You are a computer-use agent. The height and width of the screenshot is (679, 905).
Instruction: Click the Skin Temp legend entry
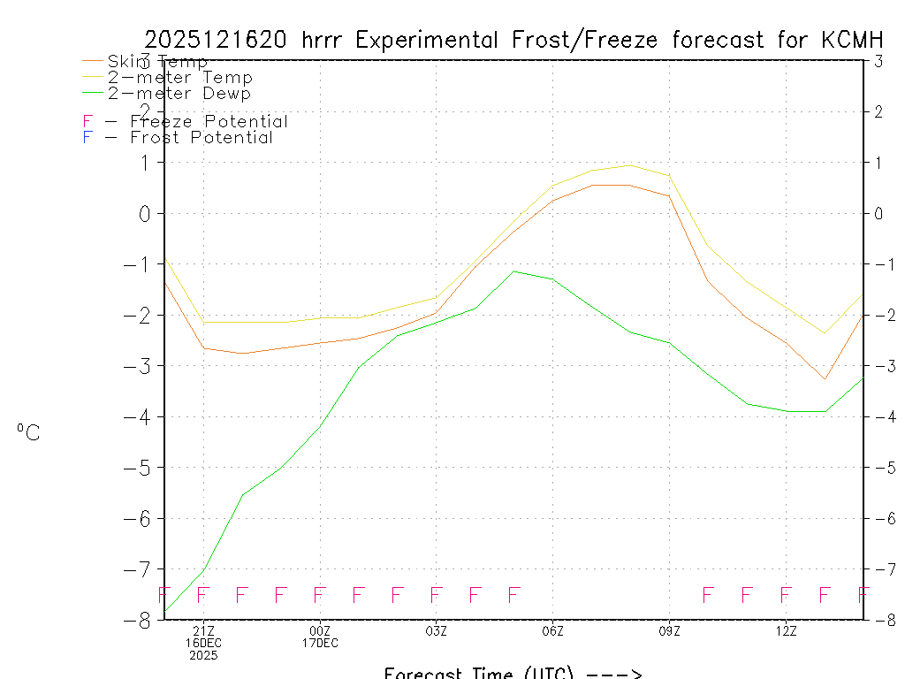pos(157,62)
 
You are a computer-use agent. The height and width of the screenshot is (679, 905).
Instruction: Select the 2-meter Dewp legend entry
pos(179,94)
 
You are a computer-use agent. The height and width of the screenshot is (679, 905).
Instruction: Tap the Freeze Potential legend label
pos(209,122)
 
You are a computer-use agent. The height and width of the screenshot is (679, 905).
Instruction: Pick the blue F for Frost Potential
pos(87,138)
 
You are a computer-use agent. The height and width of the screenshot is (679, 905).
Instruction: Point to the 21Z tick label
pos(203,630)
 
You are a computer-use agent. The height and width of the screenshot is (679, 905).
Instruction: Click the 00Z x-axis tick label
pos(320,630)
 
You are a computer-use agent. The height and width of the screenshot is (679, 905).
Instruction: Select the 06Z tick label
pos(552,630)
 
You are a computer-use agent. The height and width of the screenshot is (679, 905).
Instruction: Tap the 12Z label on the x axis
pos(786,630)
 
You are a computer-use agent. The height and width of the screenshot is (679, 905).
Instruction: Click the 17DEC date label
pos(320,643)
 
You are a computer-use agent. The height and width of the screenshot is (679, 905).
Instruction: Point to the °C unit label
pos(28,433)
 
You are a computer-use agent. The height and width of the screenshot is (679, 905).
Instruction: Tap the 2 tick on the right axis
pos(878,111)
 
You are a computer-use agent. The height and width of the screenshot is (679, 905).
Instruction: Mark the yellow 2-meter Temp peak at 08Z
pos(629,165)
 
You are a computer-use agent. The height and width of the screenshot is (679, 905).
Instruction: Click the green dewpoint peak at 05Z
pos(513,271)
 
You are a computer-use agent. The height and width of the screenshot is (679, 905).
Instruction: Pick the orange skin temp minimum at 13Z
pos(825,379)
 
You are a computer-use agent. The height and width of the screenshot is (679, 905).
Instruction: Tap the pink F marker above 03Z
pos(436,594)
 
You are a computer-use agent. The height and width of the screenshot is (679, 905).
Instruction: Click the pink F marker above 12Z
pos(786,594)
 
